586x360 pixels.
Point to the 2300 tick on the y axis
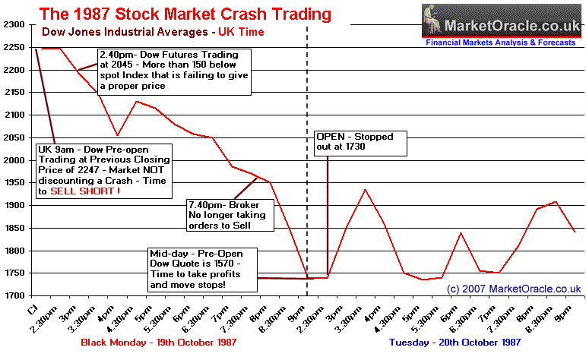(14, 25)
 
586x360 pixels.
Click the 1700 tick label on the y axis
(14, 296)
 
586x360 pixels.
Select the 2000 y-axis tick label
(14, 161)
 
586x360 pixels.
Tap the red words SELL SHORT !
(85, 192)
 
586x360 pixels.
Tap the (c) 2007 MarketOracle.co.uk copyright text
(513, 289)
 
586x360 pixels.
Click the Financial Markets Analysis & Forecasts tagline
(501, 43)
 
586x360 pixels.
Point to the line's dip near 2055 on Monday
(117, 135)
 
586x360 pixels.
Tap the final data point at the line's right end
(574, 231)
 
